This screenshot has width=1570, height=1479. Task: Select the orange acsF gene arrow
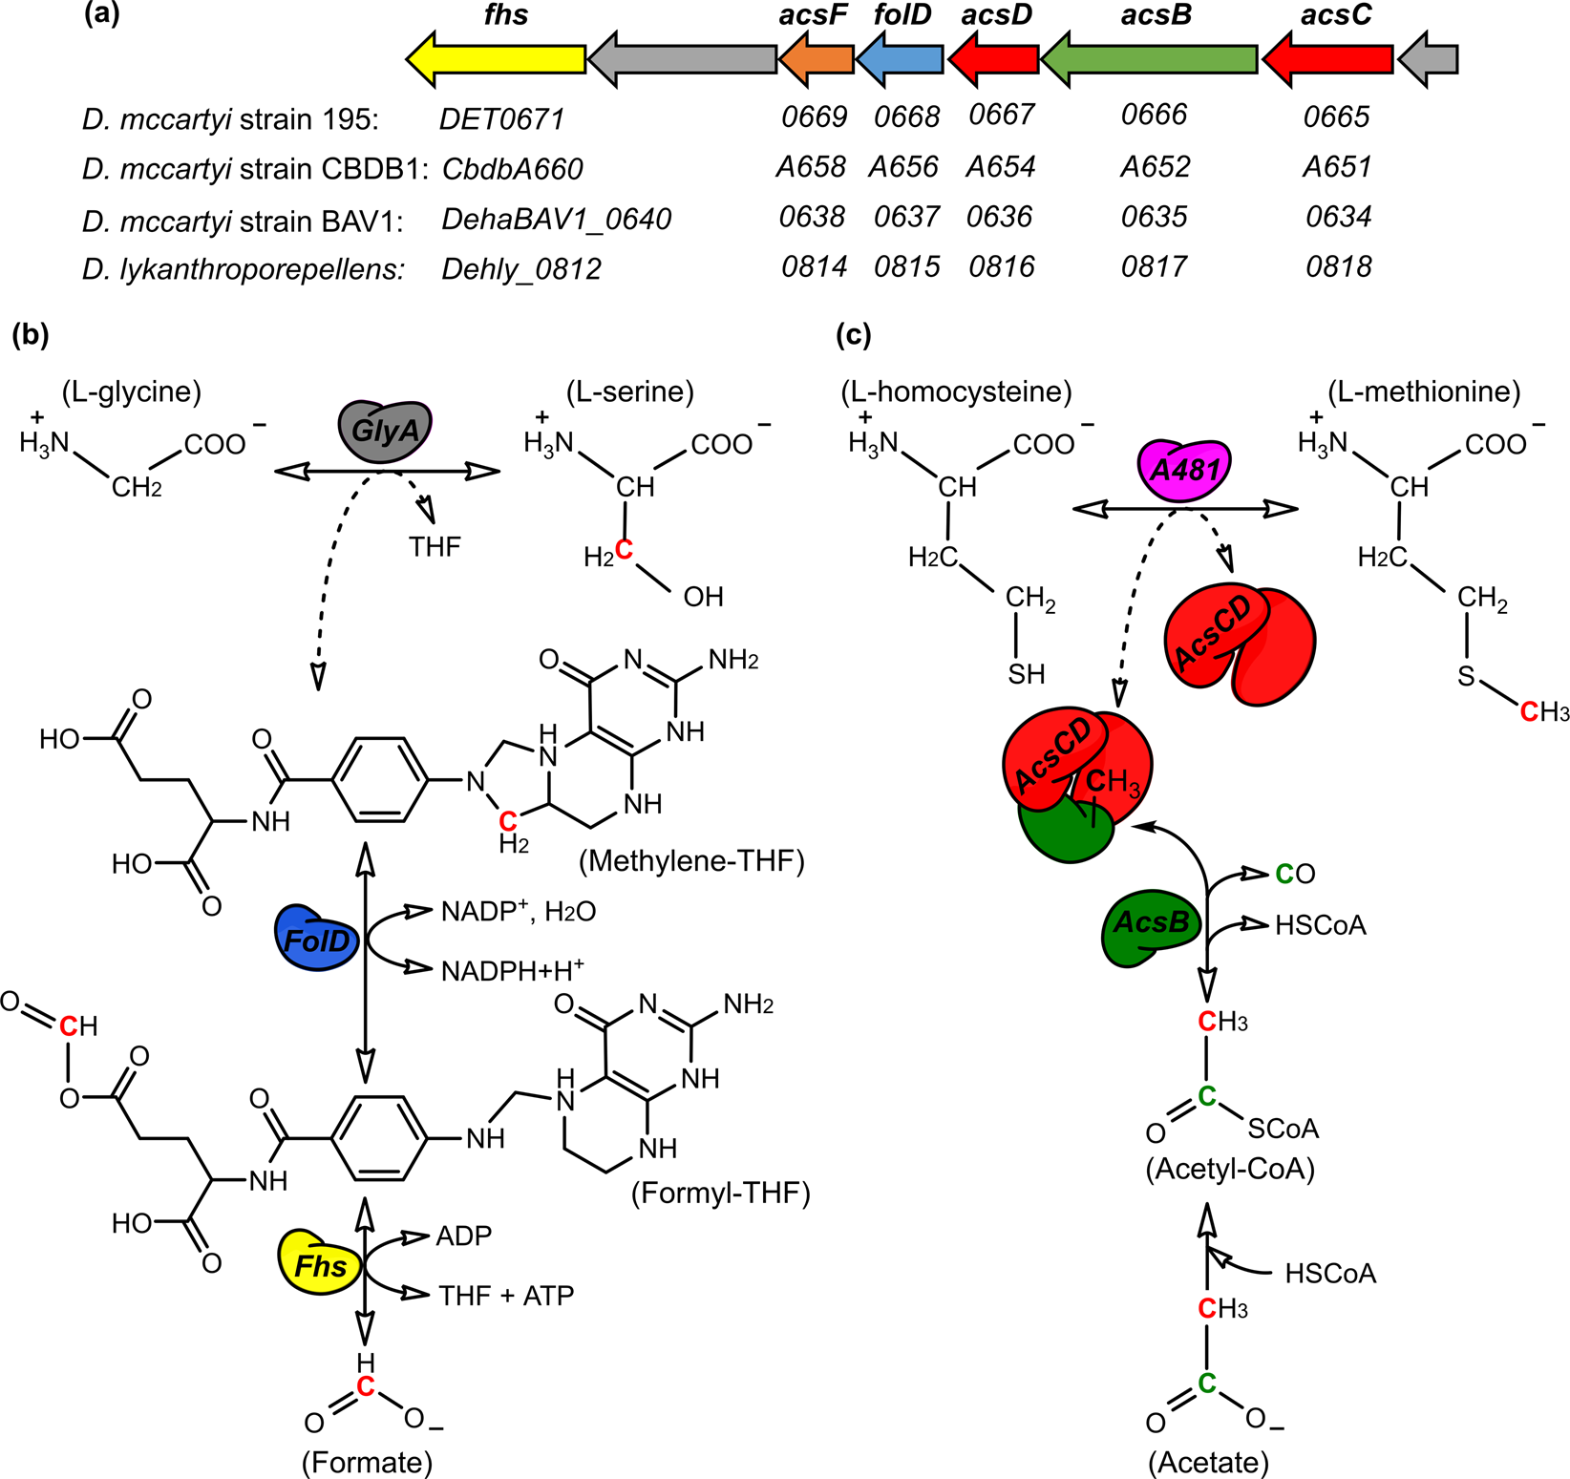point(817,59)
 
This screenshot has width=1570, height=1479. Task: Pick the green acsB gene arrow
point(1150,59)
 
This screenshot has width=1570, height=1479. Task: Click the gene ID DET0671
point(501,119)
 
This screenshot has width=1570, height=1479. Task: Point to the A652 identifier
point(1156,167)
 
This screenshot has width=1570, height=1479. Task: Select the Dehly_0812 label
point(521,269)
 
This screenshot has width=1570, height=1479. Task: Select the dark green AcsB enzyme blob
point(1151,924)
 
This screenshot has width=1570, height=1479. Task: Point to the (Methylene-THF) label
point(691,861)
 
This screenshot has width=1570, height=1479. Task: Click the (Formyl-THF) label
point(720,1193)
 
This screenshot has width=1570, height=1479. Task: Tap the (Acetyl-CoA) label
point(1230,1169)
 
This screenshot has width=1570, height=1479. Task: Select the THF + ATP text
point(506,1296)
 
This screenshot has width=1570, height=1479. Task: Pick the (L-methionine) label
point(1424,391)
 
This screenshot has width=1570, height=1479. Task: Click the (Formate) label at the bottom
point(367,1462)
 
